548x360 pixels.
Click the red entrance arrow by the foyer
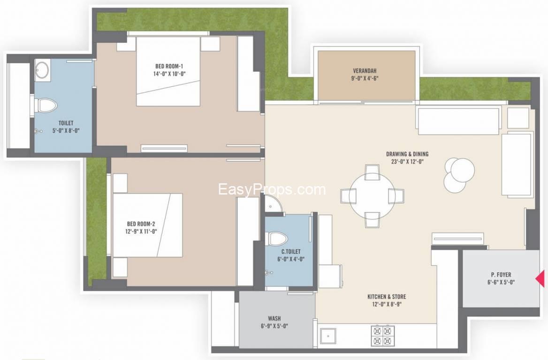pyautogui.click(x=540, y=279)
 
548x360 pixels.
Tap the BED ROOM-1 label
pyautogui.click(x=169, y=66)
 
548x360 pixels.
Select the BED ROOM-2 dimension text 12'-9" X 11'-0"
pyautogui.click(x=141, y=232)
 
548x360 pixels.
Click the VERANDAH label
pyautogui.click(x=365, y=70)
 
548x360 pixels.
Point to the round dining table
pyautogui.click(x=372, y=195)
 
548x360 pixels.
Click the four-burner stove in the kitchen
pyautogui.click(x=382, y=336)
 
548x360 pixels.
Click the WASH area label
pyautogui.click(x=274, y=318)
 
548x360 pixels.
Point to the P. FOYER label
pyautogui.click(x=501, y=275)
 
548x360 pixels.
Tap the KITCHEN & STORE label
pyautogui.click(x=387, y=297)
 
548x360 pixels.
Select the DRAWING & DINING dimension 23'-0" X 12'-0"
pyautogui.click(x=408, y=162)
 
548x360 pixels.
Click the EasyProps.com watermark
pyautogui.click(x=272, y=189)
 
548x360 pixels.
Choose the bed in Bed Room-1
pyautogui.click(x=168, y=71)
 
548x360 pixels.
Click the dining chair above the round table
pyautogui.click(x=372, y=171)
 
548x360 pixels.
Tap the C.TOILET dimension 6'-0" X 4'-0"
pyautogui.click(x=291, y=259)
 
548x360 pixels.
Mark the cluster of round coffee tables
pyautogui.click(x=459, y=173)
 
